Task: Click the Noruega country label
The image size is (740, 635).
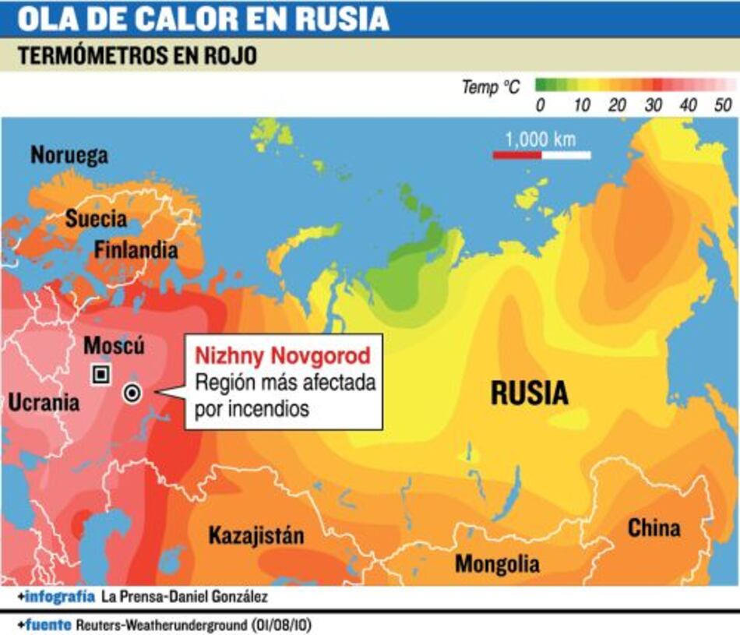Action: coord(69,156)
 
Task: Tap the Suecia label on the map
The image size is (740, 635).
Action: coord(96,219)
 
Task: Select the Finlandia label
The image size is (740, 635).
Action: coord(136,250)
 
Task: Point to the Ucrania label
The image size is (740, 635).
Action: coord(44,403)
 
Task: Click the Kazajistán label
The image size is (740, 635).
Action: coord(255,536)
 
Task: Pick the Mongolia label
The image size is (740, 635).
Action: coord(497,563)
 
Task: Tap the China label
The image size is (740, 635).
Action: coord(654,528)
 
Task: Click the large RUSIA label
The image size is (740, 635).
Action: coord(529,393)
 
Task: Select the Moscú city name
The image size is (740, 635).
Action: coord(114,345)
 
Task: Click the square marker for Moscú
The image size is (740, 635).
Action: coord(100,375)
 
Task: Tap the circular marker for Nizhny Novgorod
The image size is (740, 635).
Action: coord(132,393)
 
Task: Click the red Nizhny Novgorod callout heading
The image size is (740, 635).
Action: coord(283,356)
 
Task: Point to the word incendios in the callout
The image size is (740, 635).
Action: coord(271,408)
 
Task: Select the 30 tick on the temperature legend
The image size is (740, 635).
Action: coord(653,105)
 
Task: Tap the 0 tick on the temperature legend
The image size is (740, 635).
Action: coord(541,105)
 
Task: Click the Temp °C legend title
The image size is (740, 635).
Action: coord(490,87)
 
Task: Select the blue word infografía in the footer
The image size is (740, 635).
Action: coord(60,598)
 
